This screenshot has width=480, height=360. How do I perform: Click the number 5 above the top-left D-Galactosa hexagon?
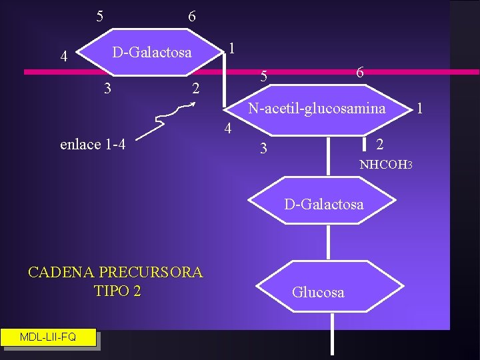(x=99, y=15)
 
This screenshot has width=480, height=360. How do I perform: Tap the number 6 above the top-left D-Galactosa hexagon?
(x=192, y=16)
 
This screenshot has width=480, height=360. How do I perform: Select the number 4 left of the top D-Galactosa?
(x=63, y=57)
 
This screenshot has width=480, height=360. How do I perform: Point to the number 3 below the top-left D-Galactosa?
(x=108, y=87)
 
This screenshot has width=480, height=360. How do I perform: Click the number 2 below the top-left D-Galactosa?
(x=195, y=88)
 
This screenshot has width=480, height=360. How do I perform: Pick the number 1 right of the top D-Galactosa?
(x=231, y=48)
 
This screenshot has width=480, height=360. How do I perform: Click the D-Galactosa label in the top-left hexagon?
(x=151, y=52)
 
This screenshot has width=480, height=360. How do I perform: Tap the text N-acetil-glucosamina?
(x=317, y=107)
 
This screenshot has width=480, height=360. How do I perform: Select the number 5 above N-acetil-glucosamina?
(x=263, y=77)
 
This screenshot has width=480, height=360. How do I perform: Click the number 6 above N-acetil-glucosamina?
(x=359, y=73)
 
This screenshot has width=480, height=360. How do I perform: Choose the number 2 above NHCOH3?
(x=379, y=144)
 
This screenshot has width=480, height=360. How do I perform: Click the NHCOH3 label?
(x=387, y=164)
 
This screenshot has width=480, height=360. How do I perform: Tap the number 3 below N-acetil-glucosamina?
(x=263, y=149)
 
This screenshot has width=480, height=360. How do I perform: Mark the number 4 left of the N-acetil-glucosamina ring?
(x=227, y=129)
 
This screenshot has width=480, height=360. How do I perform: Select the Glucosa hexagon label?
(x=318, y=292)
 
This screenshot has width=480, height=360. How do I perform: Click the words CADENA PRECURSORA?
(x=115, y=272)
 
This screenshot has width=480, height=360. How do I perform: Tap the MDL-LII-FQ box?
(x=48, y=337)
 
